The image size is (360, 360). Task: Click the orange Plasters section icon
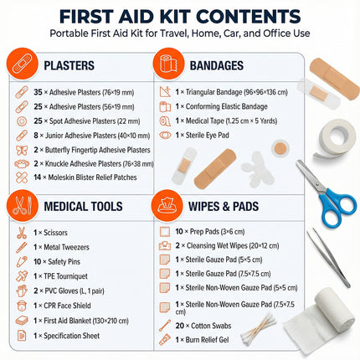click(x=23, y=64)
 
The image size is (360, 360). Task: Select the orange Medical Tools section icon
click(x=23, y=204)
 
